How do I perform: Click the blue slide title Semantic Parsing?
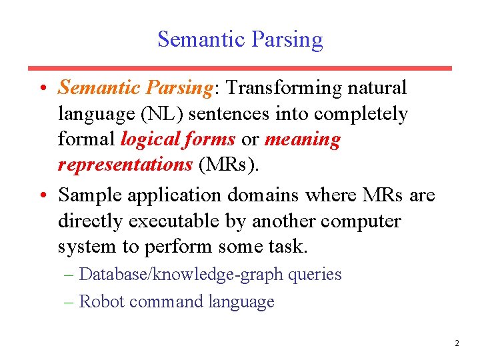point(240,39)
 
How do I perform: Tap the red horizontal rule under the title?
point(240,68)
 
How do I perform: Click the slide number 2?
point(457,343)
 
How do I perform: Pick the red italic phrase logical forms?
point(178,139)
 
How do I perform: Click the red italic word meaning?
point(302,139)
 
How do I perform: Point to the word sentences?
point(226,114)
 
